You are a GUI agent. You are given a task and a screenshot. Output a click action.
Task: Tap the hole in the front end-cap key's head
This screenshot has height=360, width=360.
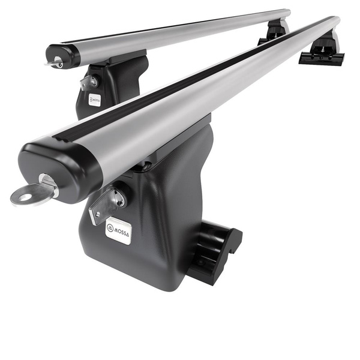point(20,195)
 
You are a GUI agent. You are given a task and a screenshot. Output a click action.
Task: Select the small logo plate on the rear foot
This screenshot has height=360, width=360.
point(94,100)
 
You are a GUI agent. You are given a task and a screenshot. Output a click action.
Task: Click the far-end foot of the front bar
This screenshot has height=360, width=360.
point(325,48)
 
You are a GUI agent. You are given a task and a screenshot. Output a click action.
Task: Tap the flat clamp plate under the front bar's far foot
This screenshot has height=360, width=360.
point(322,58)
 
